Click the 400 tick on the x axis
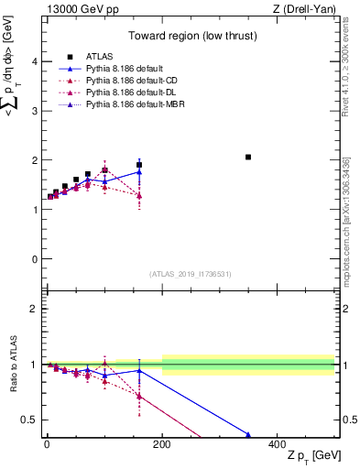[278, 442]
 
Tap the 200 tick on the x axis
[162, 442]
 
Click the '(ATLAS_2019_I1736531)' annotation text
[190, 274]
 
